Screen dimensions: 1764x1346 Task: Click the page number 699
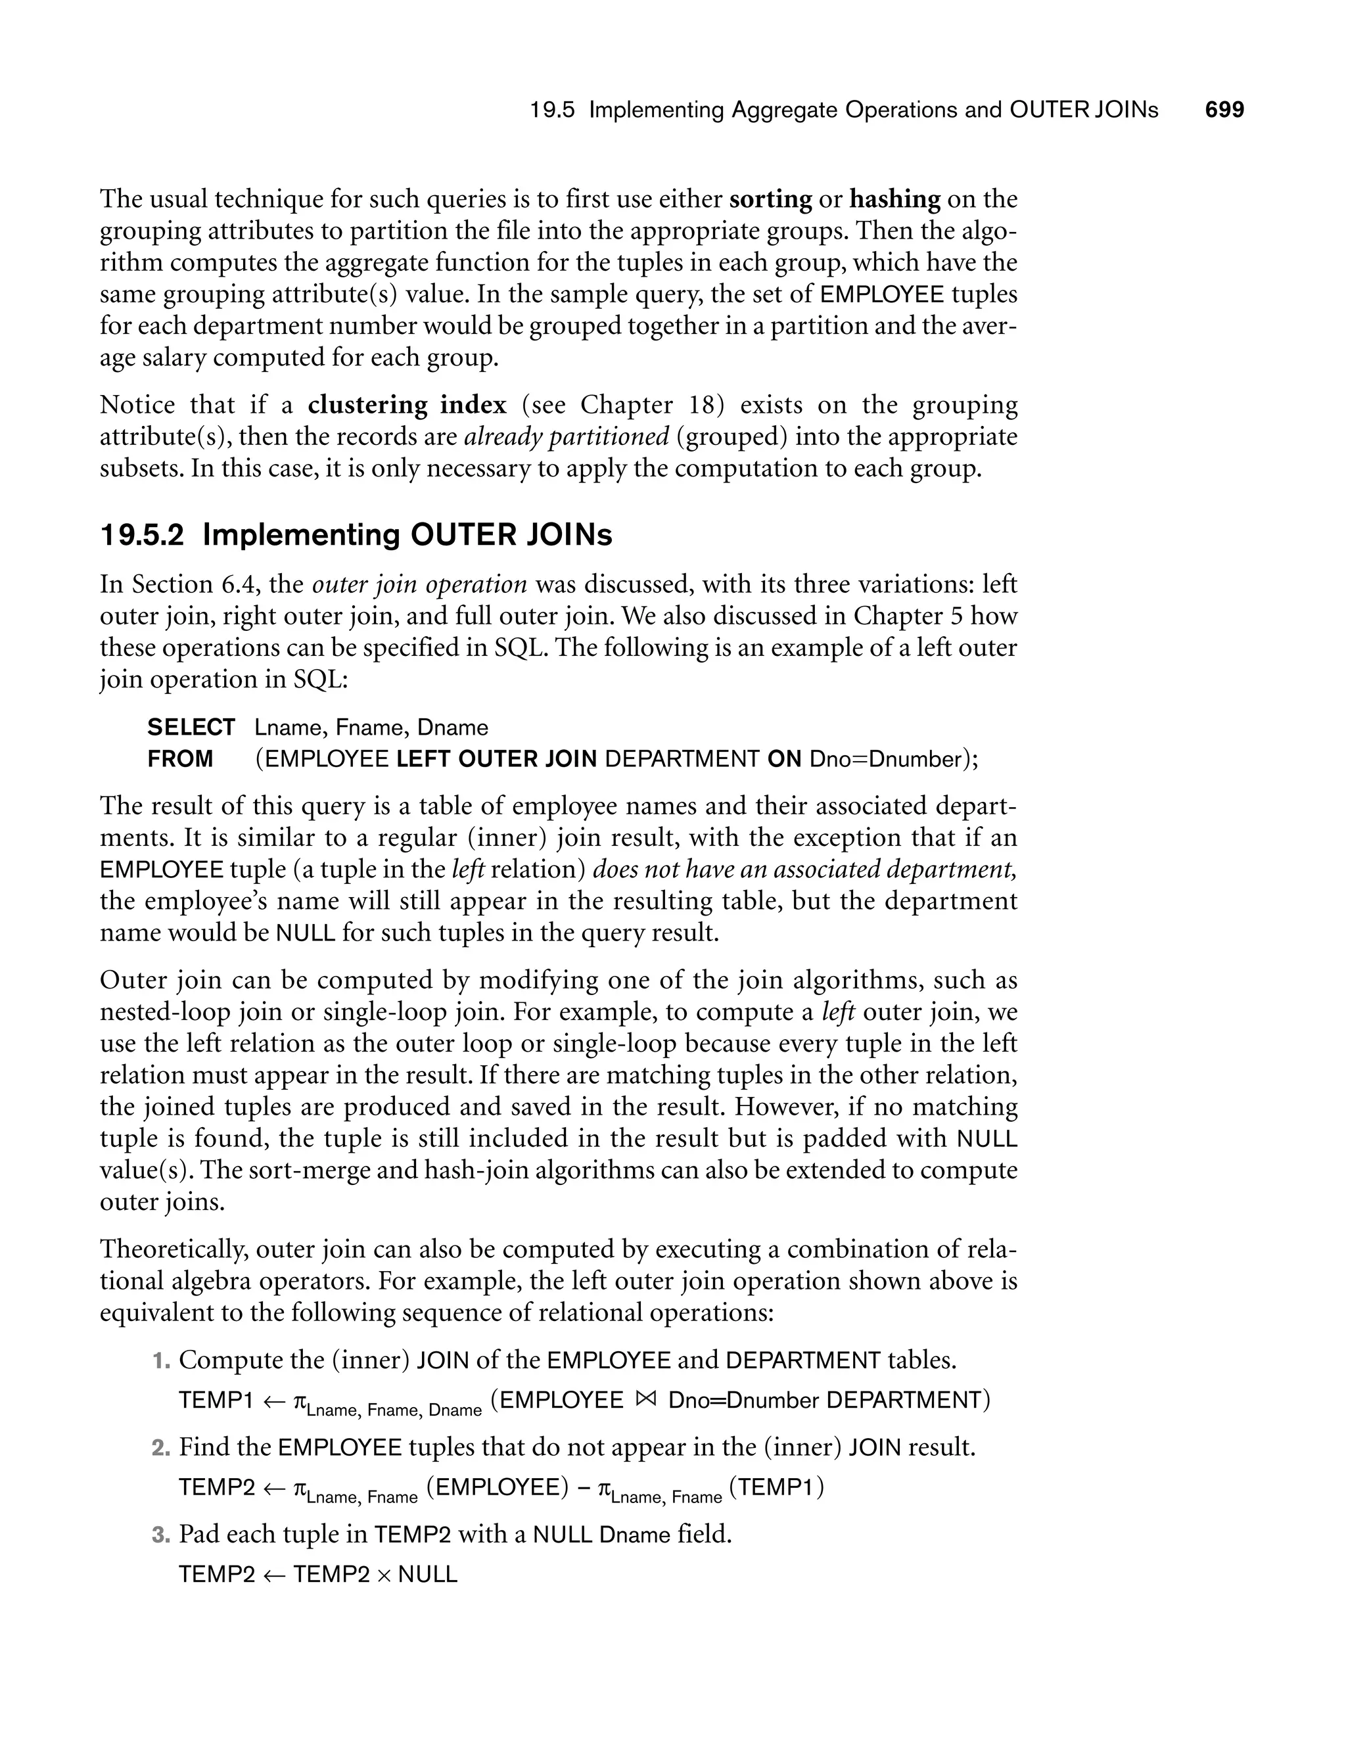(x=1224, y=110)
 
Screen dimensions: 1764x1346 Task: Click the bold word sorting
(x=770, y=198)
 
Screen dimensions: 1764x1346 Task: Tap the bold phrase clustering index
(x=407, y=405)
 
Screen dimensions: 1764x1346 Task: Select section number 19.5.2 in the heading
(x=142, y=535)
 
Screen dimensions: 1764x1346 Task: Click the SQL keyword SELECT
(x=191, y=728)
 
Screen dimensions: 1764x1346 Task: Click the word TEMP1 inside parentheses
(x=776, y=1487)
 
